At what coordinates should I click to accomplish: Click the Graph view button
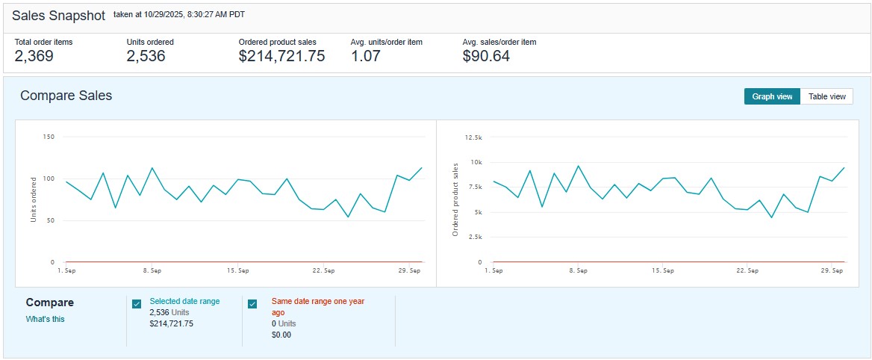[x=772, y=96]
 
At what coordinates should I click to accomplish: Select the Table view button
[x=826, y=96]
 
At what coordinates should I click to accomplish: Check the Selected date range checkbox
[x=137, y=303]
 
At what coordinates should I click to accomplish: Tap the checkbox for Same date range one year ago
[x=252, y=303]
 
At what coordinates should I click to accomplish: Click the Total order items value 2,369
[x=34, y=56]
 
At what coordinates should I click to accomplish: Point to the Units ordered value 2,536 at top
[x=146, y=56]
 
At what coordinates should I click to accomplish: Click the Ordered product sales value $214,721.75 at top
[x=281, y=56]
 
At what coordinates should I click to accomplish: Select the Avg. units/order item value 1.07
[x=366, y=56]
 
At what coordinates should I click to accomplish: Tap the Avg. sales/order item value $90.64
[x=486, y=56]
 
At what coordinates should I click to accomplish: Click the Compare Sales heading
[x=66, y=96]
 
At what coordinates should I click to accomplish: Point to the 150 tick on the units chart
[x=49, y=137]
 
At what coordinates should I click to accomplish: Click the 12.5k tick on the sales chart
[x=473, y=137]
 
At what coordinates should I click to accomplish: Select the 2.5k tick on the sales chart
[x=475, y=237]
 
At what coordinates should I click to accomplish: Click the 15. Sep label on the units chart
[x=237, y=270]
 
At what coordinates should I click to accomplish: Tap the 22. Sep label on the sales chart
[x=747, y=270]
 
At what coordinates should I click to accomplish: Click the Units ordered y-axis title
[x=33, y=199]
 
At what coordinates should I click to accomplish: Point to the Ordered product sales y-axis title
[x=455, y=199]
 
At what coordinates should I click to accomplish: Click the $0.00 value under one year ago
[x=281, y=335]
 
